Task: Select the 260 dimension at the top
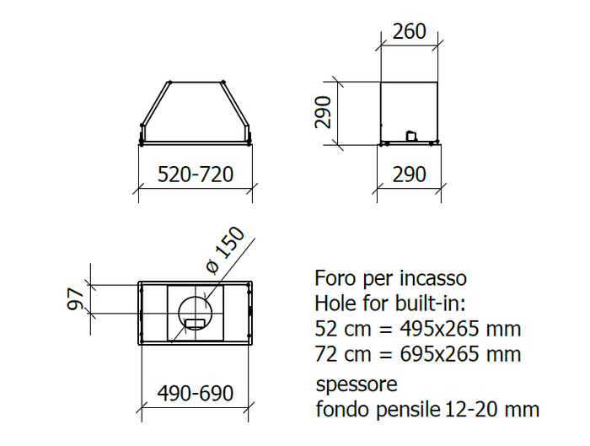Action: [x=409, y=32]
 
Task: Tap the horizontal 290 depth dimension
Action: [x=409, y=175]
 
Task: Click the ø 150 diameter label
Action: [x=225, y=250]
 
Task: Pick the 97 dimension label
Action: [x=75, y=298]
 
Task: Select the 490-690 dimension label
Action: [x=195, y=394]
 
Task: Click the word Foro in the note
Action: [x=334, y=278]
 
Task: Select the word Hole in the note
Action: [x=335, y=304]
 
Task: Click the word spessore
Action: [x=356, y=386]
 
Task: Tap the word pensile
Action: [x=404, y=411]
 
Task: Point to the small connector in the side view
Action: [x=411, y=134]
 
